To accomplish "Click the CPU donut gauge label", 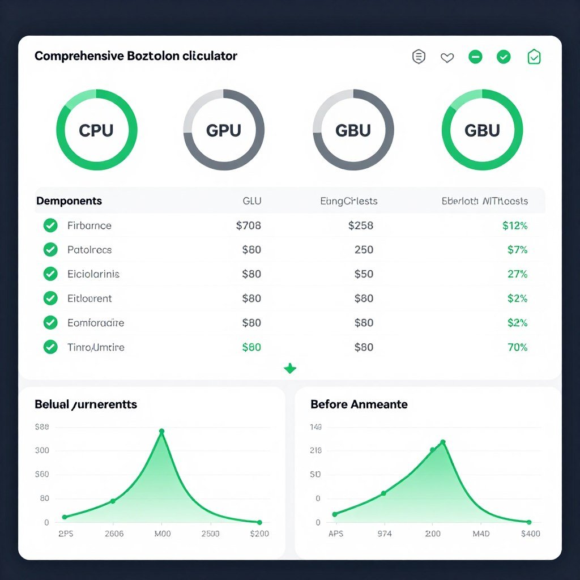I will coord(96,130).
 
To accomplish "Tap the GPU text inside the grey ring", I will coord(224,130).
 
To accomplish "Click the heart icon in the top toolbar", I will coord(447,57).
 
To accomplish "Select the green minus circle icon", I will coord(475,57).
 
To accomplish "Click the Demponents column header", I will coord(69,201).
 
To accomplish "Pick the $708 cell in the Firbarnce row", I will coord(248,225).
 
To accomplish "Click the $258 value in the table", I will coord(360,225).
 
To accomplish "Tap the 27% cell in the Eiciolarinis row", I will coord(517,274).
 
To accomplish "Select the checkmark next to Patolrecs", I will coord(50,250).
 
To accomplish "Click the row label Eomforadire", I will coord(95,323).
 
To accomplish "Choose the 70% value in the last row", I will coord(517,347).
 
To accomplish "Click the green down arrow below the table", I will coord(290,369).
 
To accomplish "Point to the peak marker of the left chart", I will coord(161,432).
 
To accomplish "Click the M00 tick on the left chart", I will coord(162,534).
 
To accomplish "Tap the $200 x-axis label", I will coord(260,534).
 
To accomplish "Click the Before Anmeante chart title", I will coord(359,404).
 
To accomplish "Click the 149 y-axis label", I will coord(315,427).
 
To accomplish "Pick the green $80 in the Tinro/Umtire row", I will coord(251,347).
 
